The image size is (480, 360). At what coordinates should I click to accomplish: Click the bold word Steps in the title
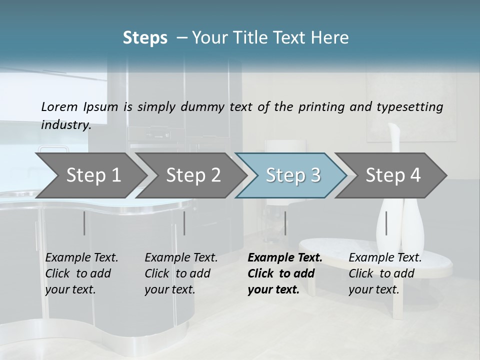coord(145,38)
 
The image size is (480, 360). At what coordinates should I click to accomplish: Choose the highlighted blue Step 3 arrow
coord(293,175)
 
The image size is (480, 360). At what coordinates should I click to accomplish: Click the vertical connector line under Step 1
coord(84,223)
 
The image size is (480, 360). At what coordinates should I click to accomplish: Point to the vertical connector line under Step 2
coord(184,223)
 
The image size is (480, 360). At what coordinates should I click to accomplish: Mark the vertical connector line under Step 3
coord(285,223)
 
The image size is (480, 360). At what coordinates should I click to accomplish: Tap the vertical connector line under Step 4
coord(386,223)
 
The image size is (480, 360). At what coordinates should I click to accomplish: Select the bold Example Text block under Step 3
coord(284,273)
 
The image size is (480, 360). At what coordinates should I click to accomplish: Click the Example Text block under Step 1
coord(81,273)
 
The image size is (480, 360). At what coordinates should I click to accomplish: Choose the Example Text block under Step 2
coord(181,273)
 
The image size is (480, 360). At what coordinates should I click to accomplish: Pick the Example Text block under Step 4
coord(385,273)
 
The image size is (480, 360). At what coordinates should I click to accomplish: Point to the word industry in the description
coord(66,125)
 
